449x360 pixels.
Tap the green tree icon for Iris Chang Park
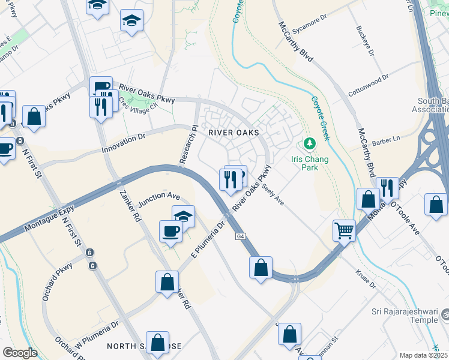(309, 144)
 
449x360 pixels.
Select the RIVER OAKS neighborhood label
(234, 132)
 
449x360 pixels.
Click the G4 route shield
(240, 236)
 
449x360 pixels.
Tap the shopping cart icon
(344, 230)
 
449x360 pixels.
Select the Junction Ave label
(159, 197)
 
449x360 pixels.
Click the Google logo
(20, 352)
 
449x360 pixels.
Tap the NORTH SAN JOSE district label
(144, 347)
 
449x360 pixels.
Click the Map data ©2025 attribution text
(423, 355)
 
